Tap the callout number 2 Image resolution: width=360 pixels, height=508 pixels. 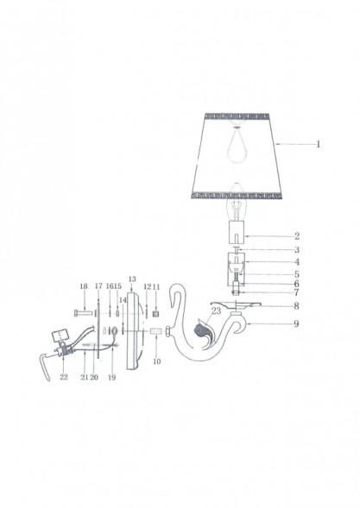coord(296,235)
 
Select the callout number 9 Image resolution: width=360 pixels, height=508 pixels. coord(296,323)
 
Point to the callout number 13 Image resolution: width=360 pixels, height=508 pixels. coord(132,279)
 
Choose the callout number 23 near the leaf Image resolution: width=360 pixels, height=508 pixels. coord(216,310)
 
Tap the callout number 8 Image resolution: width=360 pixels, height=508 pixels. coord(296,305)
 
